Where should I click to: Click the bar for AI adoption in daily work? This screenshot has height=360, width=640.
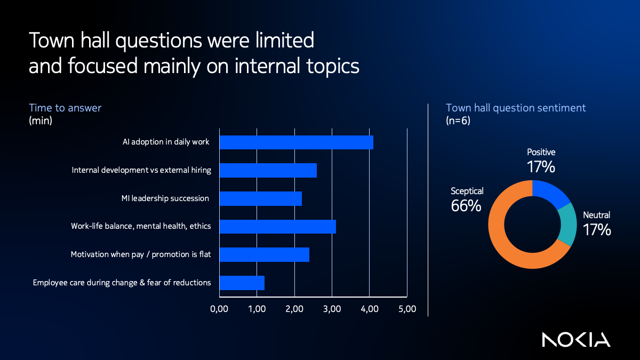point(296,142)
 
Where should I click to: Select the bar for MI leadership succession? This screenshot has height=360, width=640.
point(260,198)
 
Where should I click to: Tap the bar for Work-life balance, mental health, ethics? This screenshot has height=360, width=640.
point(277,226)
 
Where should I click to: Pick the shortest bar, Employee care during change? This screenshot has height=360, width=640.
point(242,283)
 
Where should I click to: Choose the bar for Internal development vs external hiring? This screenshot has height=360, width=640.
point(268,170)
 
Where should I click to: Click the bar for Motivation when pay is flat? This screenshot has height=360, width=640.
point(264,254)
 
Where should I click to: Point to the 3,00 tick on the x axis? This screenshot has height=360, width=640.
point(332,309)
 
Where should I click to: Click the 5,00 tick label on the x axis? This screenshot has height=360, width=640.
point(407,309)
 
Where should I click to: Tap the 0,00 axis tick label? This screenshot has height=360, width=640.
point(219,309)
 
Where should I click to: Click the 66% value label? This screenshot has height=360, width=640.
point(466,205)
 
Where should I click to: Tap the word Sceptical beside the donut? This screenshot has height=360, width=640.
point(467,190)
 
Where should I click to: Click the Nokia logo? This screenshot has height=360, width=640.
point(576,339)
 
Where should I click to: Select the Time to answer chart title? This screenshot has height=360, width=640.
point(65,108)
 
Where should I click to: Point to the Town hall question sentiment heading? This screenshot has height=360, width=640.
point(516,108)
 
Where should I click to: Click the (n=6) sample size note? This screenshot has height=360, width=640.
point(458,121)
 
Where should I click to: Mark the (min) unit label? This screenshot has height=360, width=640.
point(41,121)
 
